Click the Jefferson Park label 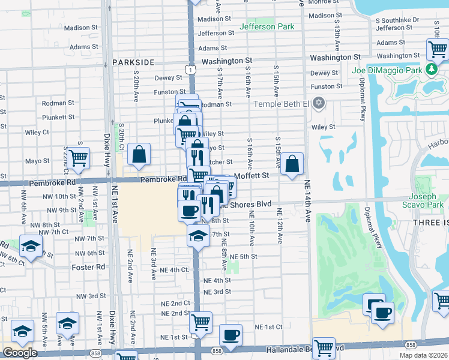click(267, 26)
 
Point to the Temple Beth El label click(281, 103)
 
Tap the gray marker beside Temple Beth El click(319, 103)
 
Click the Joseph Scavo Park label click(426, 201)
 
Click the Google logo click(20, 353)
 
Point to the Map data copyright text click(423, 355)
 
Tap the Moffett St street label click(251, 175)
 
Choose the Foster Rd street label click(88, 267)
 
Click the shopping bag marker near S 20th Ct click(139, 155)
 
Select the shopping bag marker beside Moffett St click(292, 163)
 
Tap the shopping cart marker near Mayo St click(78, 158)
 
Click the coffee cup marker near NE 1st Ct click(230, 335)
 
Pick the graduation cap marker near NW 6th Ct click(30, 246)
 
